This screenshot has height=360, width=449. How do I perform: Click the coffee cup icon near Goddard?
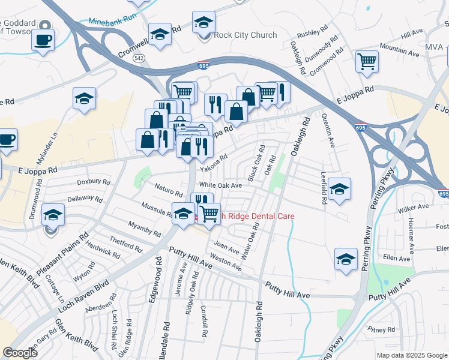(43, 40)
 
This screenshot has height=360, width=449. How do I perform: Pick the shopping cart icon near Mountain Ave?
(367, 61)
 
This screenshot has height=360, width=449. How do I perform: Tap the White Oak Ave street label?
(220, 185)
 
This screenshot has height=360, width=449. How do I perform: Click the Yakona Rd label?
(214, 163)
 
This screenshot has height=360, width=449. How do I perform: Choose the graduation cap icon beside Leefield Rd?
(339, 189)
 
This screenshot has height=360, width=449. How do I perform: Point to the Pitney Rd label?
(382, 329)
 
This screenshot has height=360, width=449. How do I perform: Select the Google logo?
(20, 353)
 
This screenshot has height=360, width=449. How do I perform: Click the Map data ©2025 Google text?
(411, 355)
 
